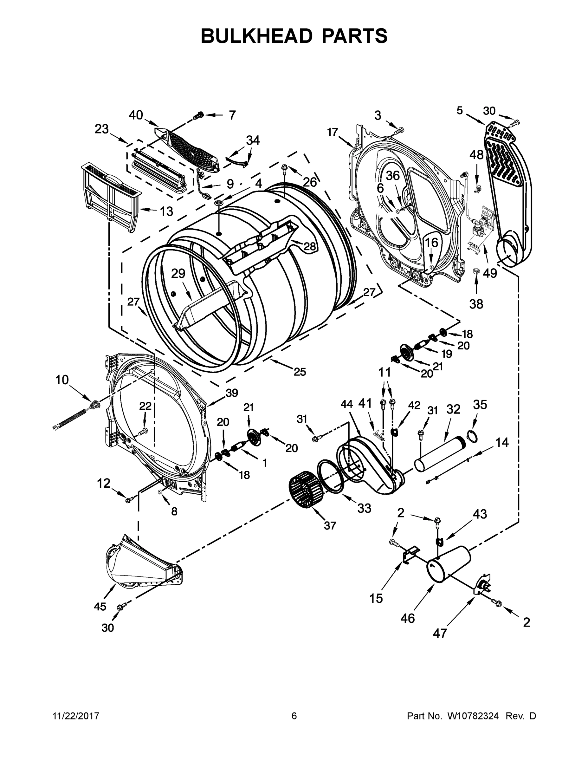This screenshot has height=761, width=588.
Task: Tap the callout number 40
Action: click(136, 115)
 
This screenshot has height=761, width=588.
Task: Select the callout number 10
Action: click(62, 380)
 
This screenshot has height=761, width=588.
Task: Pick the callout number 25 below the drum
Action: click(300, 372)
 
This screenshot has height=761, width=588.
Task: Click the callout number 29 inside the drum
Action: click(178, 274)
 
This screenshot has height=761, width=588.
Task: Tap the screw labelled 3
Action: click(399, 130)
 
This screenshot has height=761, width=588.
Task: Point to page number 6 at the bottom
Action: click(294, 716)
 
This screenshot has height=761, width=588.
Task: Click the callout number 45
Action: click(100, 607)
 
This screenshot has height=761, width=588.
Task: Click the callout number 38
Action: click(476, 304)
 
